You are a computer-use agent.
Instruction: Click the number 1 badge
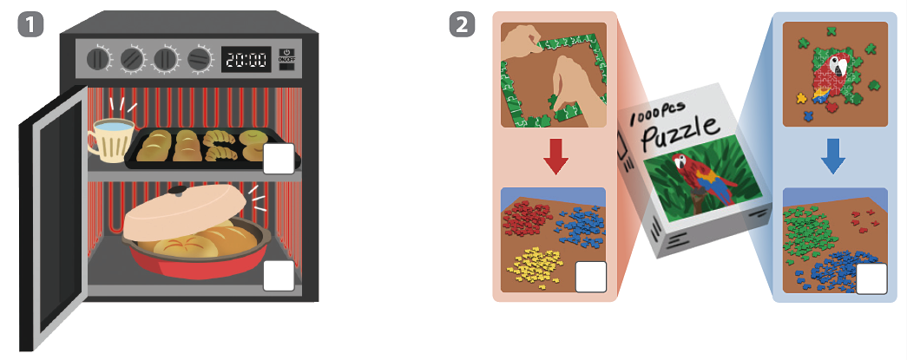pyautogui.click(x=30, y=25)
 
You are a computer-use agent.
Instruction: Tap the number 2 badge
pyautogui.click(x=462, y=25)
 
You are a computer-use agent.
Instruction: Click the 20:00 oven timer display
pyautogui.click(x=246, y=60)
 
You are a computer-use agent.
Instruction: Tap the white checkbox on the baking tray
pyautogui.click(x=279, y=159)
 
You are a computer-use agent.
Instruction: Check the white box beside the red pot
pyautogui.click(x=279, y=276)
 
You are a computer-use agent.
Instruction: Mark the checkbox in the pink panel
pyautogui.click(x=590, y=277)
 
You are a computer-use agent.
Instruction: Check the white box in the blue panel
pyautogui.click(x=871, y=278)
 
